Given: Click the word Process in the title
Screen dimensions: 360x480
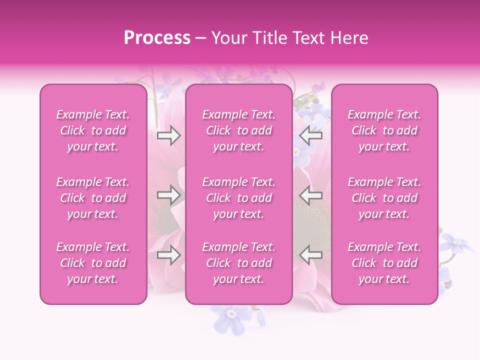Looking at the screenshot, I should click(157, 38).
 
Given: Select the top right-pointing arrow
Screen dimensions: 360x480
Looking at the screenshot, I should click(168, 135).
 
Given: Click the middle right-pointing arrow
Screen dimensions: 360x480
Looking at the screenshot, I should click(168, 195).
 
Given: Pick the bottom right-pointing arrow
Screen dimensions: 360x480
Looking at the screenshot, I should click(168, 255).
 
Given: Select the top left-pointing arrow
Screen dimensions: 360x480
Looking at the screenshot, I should click(311, 135).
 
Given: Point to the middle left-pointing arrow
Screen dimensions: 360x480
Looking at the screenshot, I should click(311, 195).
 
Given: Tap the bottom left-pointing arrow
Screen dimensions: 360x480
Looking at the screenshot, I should click(311, 255).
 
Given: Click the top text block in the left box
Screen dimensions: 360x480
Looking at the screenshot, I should click(93, 130).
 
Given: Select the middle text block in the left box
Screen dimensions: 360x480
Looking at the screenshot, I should click(93, 198).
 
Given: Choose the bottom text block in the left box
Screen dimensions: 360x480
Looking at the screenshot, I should click(93, 263).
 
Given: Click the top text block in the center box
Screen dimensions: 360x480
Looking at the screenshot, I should click(239, 130).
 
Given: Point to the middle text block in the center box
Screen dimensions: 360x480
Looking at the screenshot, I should click(239, 198).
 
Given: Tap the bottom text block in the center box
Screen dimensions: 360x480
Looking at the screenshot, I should click(239, 263).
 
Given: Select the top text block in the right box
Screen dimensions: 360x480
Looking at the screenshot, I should click(384, 130).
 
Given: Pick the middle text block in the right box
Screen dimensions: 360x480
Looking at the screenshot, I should click(384, 198).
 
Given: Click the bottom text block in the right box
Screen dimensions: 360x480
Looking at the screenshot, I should click(384, 263).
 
